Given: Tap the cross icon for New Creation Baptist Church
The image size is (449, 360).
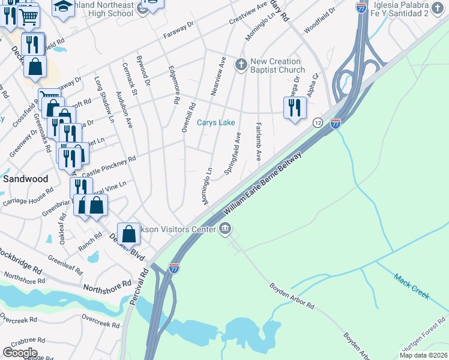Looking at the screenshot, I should tap(241, 64).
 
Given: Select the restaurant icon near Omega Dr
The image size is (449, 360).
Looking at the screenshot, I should tap(294, 107).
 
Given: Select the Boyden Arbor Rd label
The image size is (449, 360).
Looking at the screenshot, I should tap(292, 296).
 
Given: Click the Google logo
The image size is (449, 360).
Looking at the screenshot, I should tap(20, 352).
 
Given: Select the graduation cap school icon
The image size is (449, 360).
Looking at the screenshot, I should tap(62, 7).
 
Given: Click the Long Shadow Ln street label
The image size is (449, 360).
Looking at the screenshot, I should tap(103, 99).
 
